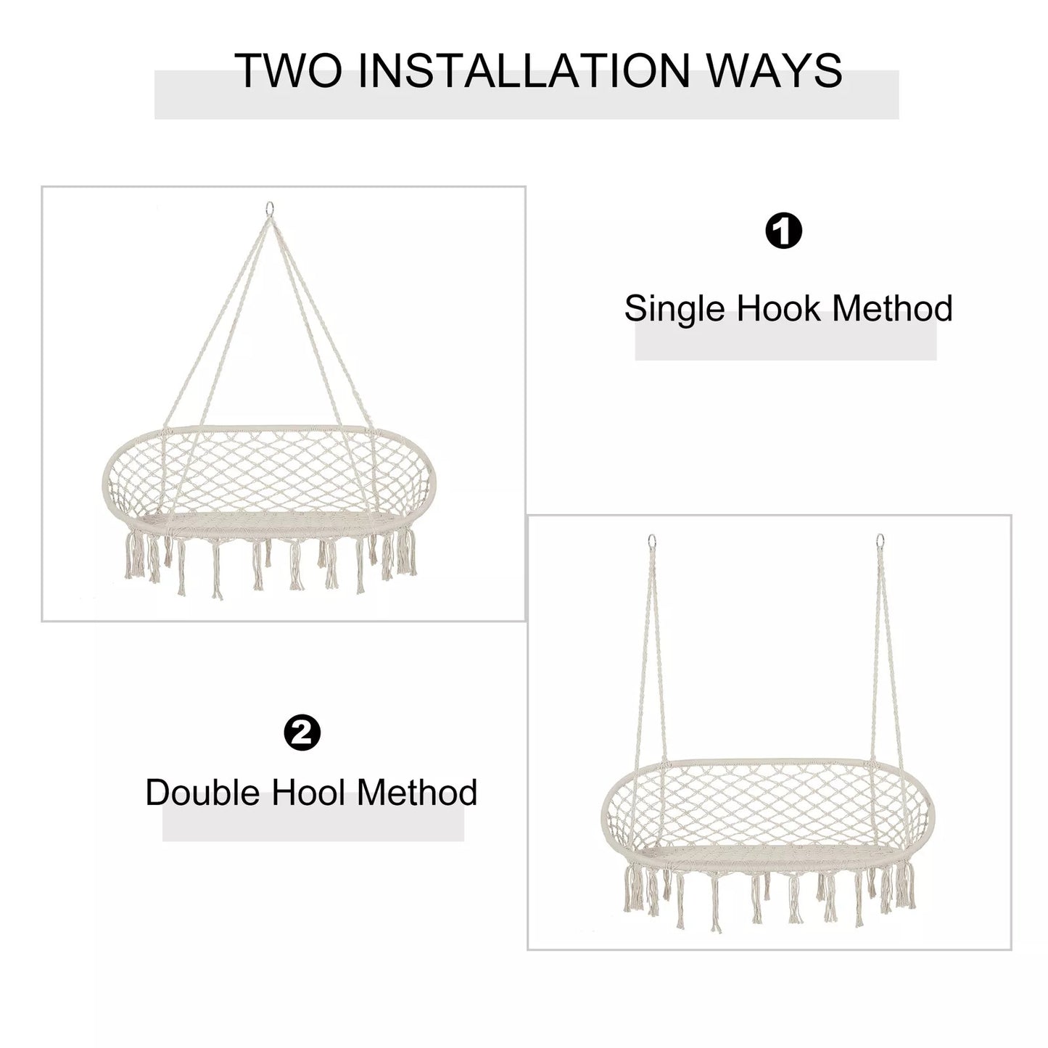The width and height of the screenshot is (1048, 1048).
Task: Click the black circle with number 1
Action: point(784,231)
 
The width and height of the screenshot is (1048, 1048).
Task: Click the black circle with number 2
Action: point(302,733)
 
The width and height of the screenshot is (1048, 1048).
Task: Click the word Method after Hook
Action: point(893,308)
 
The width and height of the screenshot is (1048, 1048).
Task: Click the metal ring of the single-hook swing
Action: point(268,208)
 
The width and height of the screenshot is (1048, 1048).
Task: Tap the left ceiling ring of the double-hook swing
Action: point(652,542)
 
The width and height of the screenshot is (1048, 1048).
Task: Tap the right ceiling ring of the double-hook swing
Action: point(880,542)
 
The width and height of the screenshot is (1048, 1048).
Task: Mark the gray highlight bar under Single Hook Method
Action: point(785,336)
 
